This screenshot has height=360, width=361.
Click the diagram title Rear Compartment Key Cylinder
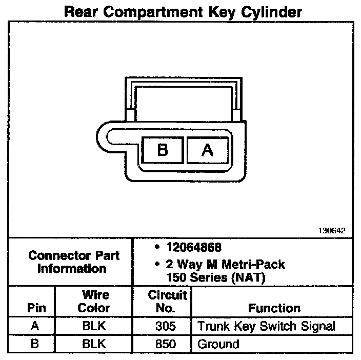tap(182, 12)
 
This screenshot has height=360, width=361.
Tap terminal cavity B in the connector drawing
tap(162, 150)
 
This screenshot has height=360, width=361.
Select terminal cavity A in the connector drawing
tap(206, 150)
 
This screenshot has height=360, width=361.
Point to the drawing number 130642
tap(332, 231)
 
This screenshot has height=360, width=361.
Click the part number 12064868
tap(194, 248)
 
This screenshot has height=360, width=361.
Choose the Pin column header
tap(36, 309)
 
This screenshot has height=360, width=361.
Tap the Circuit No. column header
tap(167, 302)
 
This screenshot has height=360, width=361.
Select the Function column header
tap(274, 309)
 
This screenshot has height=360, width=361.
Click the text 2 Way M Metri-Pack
tap(226, 265)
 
